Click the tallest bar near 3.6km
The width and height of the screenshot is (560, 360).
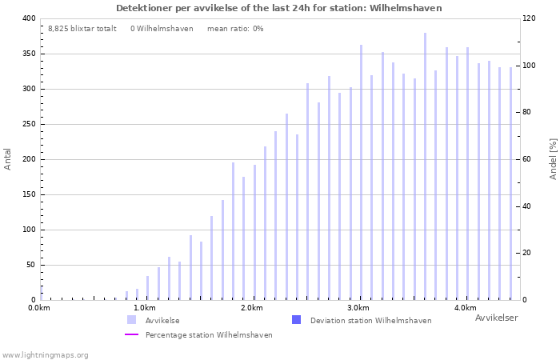pos(425,166)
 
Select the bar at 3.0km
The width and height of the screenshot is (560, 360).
pos(361,173)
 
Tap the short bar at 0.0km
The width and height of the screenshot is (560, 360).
pos(42,294)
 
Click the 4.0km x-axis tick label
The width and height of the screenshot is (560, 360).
pos(466,308)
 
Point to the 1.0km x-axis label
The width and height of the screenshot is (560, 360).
pos(145,308)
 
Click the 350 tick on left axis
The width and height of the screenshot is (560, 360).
pos(30,54)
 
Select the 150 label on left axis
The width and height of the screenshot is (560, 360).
pos(30,194)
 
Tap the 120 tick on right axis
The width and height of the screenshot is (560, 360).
pos(530,18)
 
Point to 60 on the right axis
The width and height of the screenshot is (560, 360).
pos(527,159)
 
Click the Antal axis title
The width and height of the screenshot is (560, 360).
pos(7,159)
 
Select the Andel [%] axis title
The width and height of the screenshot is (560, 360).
pos(553,159)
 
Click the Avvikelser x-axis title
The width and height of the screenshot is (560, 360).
pos(497,318)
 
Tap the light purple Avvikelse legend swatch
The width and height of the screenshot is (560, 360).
pos(131,320)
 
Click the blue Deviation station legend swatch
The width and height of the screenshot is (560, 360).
pos(297,320)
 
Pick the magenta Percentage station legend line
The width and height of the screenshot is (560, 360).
pos(131,334)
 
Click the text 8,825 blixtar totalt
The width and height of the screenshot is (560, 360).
pos(82,29)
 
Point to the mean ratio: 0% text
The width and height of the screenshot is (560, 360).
pos(235,29)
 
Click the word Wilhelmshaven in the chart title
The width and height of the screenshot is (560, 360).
pos(406,8)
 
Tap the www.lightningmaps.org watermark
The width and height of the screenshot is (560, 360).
pos(45,355)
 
